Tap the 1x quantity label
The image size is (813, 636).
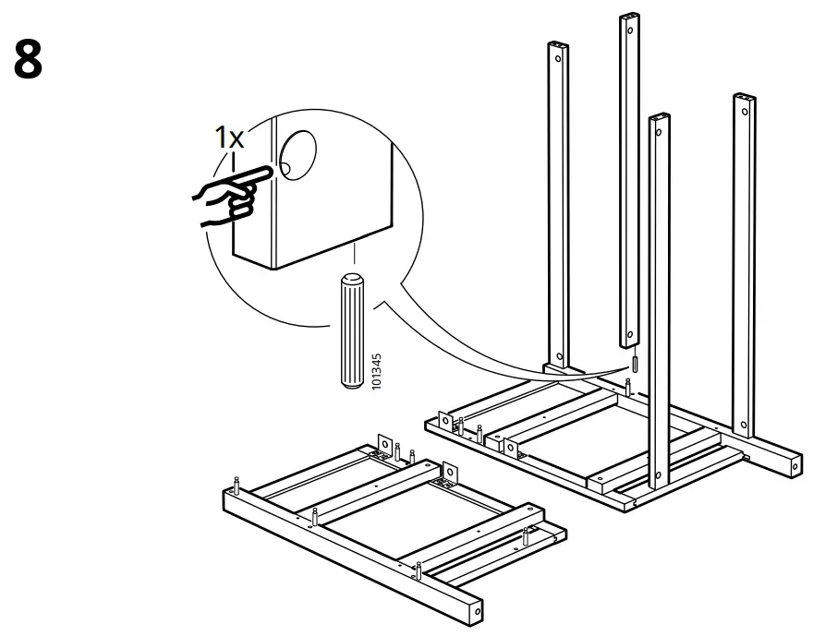coord(229,138)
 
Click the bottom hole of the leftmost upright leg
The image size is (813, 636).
coord(558,353)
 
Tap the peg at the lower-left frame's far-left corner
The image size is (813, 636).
coord(237,484)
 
